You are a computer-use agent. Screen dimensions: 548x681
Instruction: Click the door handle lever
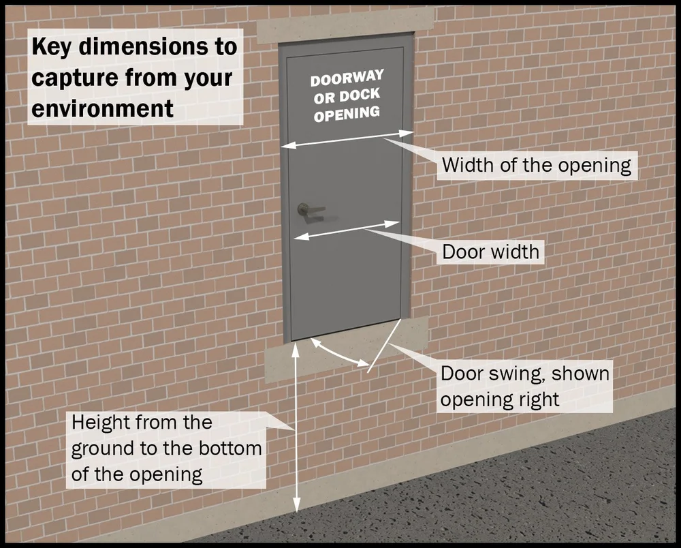[x=311, y=209]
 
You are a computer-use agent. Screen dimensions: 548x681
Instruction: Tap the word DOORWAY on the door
[x=347, y=78]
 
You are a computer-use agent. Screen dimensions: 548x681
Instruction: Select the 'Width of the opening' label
[x=537, y=165]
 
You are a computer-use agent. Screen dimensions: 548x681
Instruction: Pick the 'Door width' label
[x=490, y=252]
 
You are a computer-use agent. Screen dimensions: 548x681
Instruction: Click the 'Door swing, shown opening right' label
[x=524, y=386]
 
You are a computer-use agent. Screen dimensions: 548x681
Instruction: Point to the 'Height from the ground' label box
[x=167, y=448]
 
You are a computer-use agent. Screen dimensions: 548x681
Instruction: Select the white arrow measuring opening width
[x=347, y=138]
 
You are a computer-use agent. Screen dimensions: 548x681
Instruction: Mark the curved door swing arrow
[x=336, y=353]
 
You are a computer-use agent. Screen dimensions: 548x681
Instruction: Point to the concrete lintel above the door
[x=345, y=25]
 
